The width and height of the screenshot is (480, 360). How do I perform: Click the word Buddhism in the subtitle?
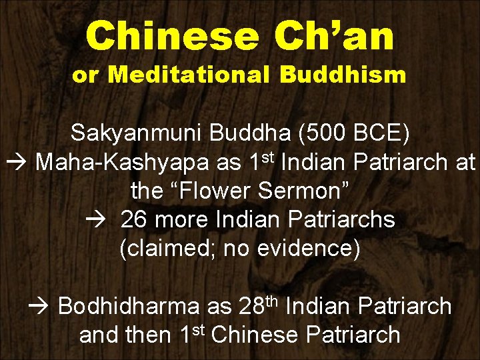343,75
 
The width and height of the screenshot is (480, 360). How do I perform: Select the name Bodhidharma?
129,307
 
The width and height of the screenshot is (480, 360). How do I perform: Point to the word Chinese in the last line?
258,335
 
